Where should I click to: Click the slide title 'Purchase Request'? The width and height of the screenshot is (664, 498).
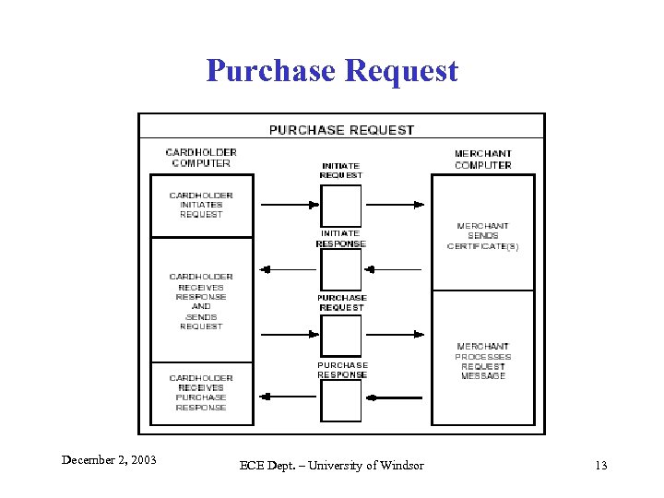(332, 70)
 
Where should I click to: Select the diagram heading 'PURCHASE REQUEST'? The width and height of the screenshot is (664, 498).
(341, 130)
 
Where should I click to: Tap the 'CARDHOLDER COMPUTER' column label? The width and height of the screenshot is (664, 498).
(201, 158)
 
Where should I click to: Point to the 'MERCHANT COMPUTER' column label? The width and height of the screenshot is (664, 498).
(482, 160)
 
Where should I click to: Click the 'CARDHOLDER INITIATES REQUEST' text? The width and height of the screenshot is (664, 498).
(201, 205)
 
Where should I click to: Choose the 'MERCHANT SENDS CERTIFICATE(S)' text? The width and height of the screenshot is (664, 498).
(482, 236)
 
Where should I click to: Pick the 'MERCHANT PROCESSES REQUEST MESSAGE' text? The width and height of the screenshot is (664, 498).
(482, 362)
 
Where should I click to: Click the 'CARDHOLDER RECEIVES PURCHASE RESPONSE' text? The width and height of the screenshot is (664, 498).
(201, 392)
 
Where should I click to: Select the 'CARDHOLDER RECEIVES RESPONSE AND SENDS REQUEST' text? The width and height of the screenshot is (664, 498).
(201, 301)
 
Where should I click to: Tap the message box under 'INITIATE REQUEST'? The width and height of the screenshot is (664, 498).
(341, 205)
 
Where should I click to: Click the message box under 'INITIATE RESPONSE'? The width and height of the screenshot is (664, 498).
(341, 270)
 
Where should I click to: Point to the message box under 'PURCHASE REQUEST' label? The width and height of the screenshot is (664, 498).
(341, 335)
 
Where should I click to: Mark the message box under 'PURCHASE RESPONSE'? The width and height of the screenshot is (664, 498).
(341, 400)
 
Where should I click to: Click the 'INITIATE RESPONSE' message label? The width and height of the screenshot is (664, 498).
(341, 239)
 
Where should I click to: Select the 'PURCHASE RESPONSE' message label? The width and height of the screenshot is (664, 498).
(342, 370)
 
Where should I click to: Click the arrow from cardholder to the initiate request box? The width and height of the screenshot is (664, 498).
(289, 205)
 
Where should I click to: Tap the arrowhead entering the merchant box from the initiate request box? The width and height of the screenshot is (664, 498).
(421, 205)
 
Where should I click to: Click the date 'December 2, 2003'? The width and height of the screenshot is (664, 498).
(109, 459)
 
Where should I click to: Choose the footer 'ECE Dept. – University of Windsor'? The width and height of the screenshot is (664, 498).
(332, 465)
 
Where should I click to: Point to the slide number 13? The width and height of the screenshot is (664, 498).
(600, 465)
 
